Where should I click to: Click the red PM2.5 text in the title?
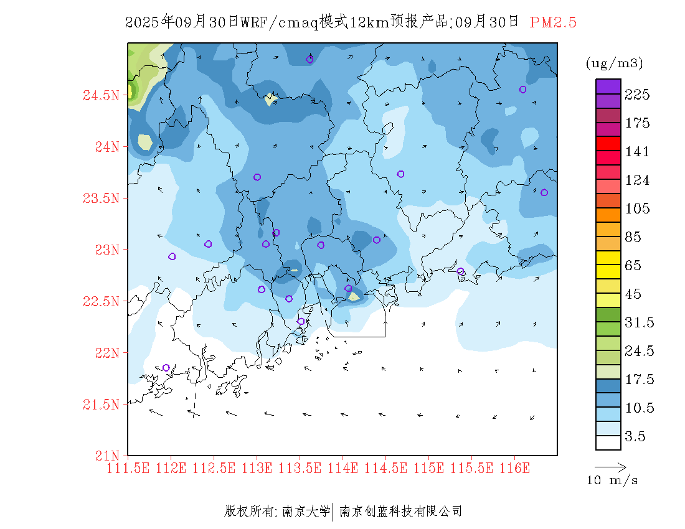553,22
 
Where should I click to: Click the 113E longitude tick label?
257,467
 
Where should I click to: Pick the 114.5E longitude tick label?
385,467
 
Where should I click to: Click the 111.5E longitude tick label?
128,467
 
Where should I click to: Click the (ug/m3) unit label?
614,63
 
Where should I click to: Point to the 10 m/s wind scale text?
612,481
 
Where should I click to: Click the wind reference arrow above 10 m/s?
610,466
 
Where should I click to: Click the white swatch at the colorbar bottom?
608,442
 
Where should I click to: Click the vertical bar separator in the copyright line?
334,512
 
